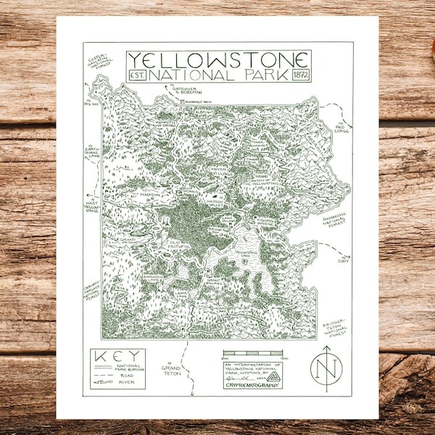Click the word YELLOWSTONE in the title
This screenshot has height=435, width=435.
point(218,60)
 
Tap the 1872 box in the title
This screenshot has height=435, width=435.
point(300,75)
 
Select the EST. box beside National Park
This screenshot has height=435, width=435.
point(137,75)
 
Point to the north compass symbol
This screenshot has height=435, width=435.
point(326,368)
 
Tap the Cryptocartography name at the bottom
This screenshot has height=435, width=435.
point(252,386)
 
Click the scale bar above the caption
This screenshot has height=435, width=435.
point(252,354)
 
